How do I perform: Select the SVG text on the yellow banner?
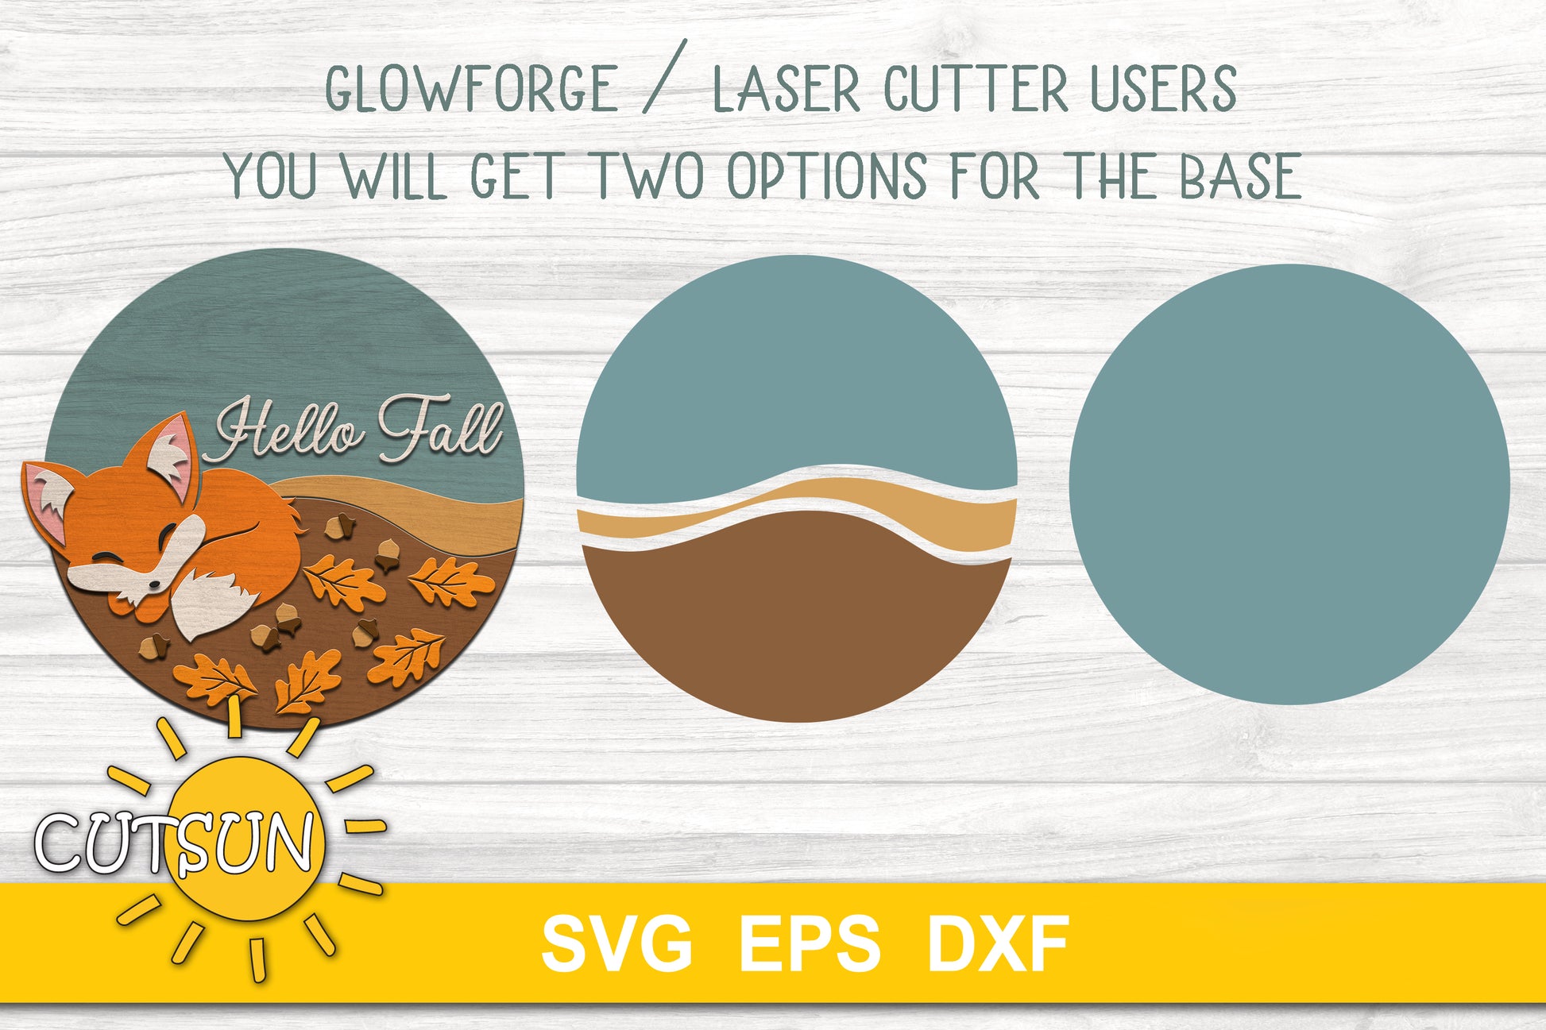point(617,943)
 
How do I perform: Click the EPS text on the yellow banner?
point(810,943)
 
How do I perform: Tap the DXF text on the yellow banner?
point(999,943)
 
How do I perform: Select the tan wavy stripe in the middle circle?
point(797,506)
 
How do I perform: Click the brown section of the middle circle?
point(797,627)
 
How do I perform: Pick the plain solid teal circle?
point(1289,484)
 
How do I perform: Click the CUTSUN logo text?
point(175,842)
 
